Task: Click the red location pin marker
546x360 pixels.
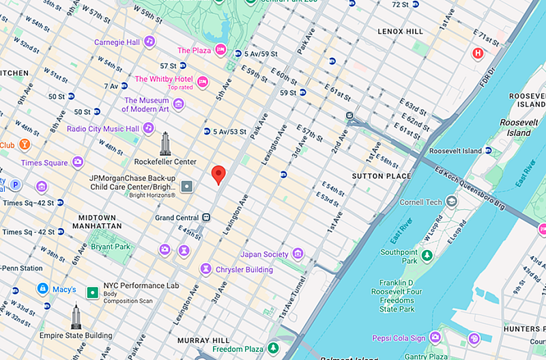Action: coord(218,174)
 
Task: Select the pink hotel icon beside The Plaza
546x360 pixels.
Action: coord(220,50)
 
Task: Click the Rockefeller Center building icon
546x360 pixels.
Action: coord(165,143)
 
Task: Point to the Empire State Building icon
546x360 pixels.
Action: coord(76,317)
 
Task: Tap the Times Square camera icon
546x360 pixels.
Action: coord(78,163)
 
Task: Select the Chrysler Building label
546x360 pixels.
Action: coord(244,270)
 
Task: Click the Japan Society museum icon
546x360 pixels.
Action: coord(298,255)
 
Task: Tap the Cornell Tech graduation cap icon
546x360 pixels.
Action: coord(451,202)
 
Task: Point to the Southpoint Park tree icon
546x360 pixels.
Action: coord(427,255)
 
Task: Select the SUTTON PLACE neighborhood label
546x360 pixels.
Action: coord(382,176)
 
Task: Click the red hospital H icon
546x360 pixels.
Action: coord(478,53)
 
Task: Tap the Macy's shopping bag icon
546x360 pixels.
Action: coord(42,290)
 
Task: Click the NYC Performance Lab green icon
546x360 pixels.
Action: coord(91,292)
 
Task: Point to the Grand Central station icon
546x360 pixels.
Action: coord(205,217)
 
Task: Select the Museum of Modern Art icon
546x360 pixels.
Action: coord(178,104)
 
